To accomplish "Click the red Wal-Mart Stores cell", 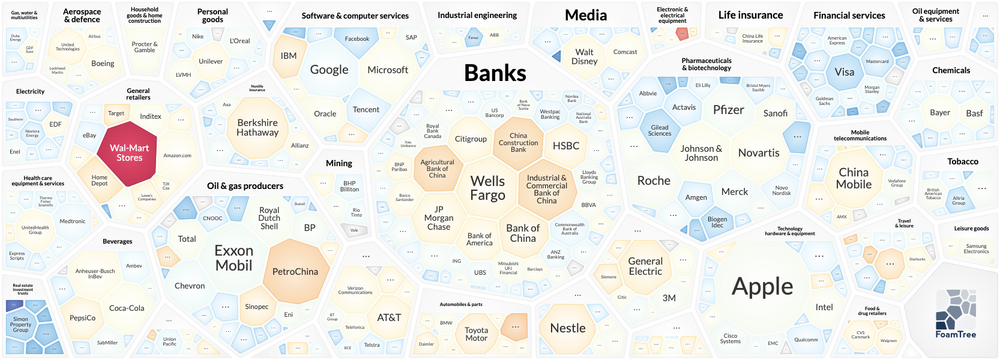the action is (x=129, y=153).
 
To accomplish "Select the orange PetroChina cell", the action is (x=295, y=271).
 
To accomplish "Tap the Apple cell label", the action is (x=762, y=287).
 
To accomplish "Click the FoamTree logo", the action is (x=956, y=314).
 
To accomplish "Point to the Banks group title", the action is (x=495, y=73).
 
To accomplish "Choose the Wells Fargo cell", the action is (x=487, y=188).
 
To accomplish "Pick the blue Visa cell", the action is (x=844, y=72).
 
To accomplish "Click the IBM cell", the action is (x=289, y=56).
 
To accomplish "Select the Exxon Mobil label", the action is (x=233, y=258).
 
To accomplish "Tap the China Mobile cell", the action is (x=854, y=178).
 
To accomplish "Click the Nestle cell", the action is (x=567, y=328).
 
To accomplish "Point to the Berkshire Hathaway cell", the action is (x=258, y=128).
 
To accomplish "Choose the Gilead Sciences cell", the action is (x=660, y=130).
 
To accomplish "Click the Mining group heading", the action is (x=339, y=163).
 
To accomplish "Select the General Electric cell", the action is (x=645, y=266).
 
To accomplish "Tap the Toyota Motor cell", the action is (x=476, y=334).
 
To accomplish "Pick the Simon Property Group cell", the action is (x=20, y=325).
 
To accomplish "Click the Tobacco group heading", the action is (x=963, y=161).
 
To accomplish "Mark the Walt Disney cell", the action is (x=584, y=56).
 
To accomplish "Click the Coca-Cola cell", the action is (x=127, y=308).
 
